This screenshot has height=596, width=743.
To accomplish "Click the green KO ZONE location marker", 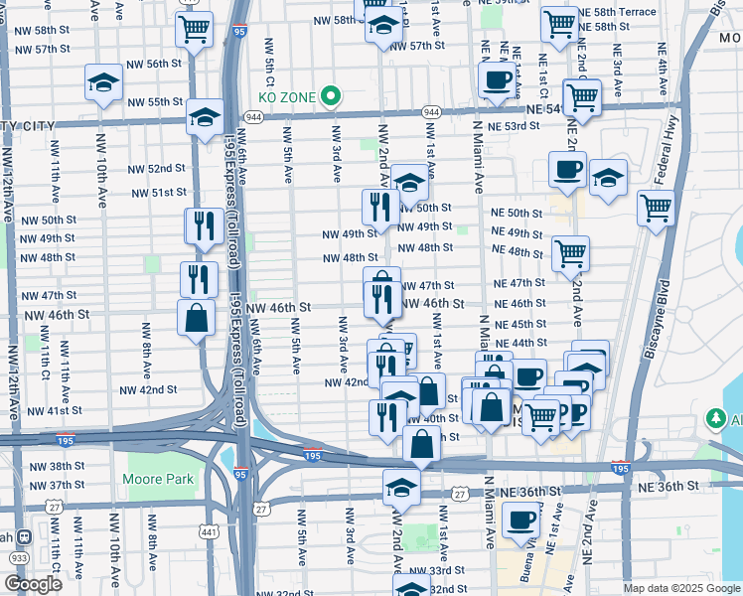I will pos(331,97).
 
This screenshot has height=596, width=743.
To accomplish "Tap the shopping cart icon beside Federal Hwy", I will pos(657,209).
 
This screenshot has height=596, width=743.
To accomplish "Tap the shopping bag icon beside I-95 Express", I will pos(197,319).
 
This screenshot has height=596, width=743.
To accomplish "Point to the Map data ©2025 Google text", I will pos(680,588).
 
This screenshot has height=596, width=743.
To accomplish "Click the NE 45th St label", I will pos(520,324).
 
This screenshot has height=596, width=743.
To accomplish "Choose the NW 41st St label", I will pos(54,410).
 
